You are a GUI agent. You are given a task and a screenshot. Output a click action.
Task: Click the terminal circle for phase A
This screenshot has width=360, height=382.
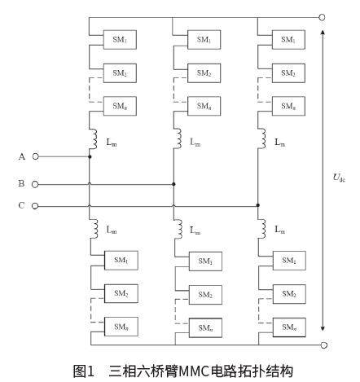point(36,156)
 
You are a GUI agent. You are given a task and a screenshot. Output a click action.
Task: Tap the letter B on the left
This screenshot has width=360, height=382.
point(21,183)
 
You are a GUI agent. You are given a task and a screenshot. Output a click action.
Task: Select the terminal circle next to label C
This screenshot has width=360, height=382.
point(35,206)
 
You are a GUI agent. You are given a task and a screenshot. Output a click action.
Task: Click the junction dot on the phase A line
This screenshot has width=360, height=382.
point(90,156)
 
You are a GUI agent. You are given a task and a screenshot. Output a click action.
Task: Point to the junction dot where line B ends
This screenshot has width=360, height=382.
point(173,184)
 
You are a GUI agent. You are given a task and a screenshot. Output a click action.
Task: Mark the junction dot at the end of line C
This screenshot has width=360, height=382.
point(258,205)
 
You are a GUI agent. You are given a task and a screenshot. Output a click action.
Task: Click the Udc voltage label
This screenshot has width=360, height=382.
point(339,178)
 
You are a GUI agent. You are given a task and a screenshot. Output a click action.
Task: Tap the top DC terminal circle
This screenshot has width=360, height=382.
point(322,18)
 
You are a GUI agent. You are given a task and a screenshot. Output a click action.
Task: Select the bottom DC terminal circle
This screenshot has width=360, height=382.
point(324,345)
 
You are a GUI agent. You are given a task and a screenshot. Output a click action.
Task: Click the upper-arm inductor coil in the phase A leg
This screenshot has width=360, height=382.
point(94,139)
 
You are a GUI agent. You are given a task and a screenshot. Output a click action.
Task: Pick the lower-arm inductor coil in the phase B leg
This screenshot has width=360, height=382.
point(178,229)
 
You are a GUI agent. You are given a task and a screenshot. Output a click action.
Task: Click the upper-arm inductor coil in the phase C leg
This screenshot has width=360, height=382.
point(262,138)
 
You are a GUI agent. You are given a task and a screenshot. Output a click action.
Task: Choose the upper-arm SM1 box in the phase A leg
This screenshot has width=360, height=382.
point(120,40)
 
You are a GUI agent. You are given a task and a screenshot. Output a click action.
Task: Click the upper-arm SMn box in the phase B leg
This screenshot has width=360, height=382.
point(204,106)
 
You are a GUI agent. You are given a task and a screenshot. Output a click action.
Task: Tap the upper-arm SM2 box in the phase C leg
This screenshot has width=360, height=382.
point(288,73)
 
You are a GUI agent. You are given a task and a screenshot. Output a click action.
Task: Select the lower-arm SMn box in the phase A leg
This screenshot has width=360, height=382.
point(121,327)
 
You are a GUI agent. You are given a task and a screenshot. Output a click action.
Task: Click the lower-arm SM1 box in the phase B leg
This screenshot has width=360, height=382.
point(205,261)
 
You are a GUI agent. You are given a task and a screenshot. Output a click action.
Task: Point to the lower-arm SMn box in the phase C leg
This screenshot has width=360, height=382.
point(289,327)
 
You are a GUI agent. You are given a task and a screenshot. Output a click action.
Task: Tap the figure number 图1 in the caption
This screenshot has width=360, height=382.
point(84,371)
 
